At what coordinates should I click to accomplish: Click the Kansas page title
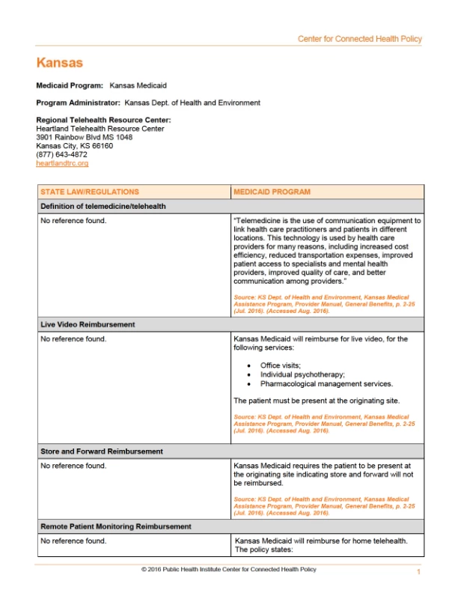[59, 63]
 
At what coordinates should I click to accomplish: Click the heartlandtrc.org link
[62, 163]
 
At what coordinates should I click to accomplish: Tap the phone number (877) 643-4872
[61, 155]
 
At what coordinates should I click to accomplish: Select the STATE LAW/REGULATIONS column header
[89, 192]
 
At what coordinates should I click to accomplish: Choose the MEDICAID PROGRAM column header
[272, 192]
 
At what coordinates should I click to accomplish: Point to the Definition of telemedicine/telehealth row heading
[103, 206]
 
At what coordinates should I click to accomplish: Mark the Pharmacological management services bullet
[316, 383]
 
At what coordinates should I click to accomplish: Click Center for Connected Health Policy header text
[359, 39]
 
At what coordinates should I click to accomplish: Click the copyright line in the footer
[228, 570]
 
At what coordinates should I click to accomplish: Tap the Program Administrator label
[78, 103]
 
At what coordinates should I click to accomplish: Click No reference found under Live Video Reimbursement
[73, 339]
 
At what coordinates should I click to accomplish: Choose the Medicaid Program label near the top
[70, 86]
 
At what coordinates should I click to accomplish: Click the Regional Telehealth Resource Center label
[103, 120]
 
